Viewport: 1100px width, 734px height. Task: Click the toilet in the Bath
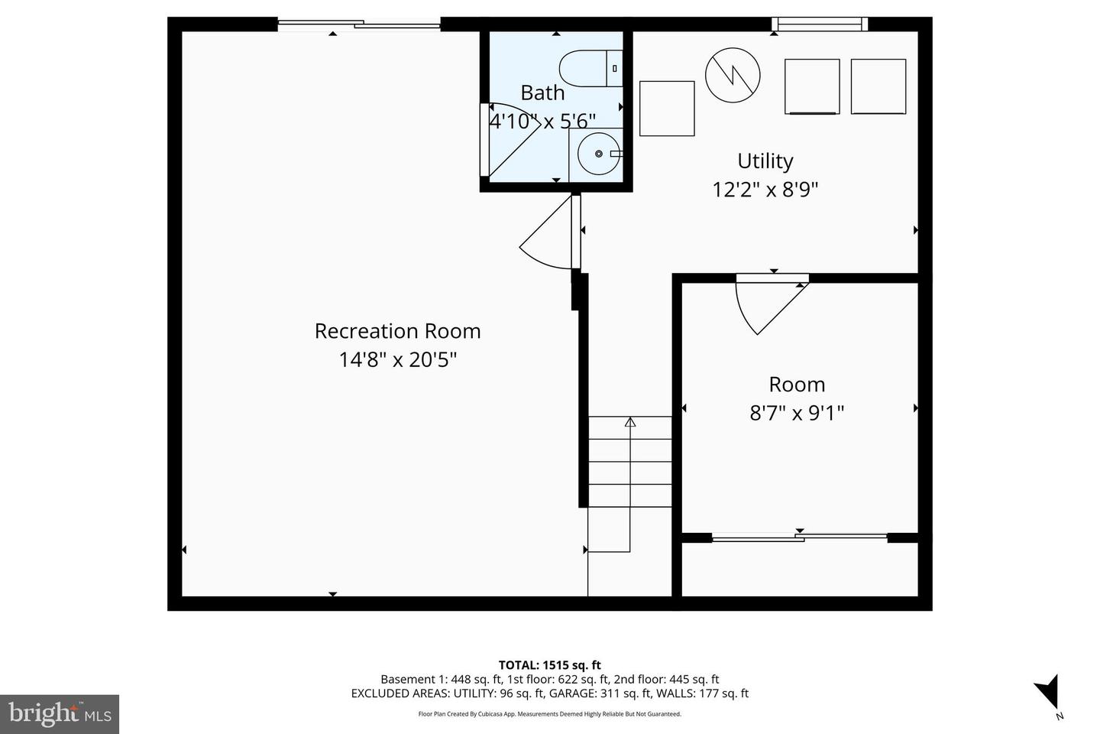(x=590, y=68)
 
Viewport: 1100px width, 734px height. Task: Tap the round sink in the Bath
(x=598, y=154)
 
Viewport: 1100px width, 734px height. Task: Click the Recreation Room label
(x=397, y=331)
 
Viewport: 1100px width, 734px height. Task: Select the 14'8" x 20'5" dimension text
(x=397, y=359)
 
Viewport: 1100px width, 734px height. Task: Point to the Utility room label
(x=765, y=161)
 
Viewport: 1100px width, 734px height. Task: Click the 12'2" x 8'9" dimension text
(x=765, y=190)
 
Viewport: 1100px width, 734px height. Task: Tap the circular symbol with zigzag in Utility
(x=733, y=75)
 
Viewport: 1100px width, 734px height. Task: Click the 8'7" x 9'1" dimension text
(x=797, y=414)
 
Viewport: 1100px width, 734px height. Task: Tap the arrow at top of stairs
(x=630, y=422)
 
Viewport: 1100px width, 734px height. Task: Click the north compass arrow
(x=1048, y=690)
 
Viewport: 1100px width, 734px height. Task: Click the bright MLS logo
(x=60, y=714)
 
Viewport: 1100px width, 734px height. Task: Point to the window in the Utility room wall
(x=819, y=24)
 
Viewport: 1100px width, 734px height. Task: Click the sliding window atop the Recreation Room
(x=358, y=25)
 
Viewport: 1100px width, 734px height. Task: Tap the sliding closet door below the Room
(x=799, y=538)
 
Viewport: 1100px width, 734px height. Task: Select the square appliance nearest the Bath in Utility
(x=666, y=109)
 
